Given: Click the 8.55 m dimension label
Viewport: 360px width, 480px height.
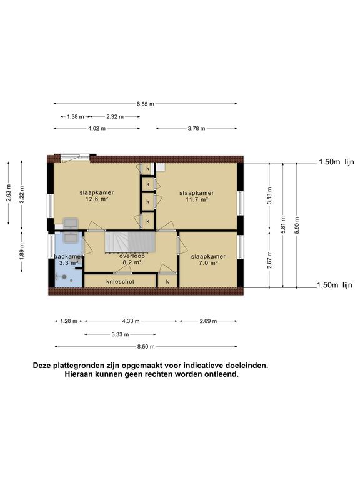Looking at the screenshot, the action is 146,104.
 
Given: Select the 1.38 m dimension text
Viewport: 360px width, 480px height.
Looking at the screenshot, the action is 75,117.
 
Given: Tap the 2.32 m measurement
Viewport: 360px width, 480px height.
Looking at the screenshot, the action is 115,117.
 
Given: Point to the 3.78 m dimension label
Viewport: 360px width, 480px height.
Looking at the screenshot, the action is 196,128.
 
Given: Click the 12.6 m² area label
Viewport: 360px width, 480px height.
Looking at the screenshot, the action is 97,199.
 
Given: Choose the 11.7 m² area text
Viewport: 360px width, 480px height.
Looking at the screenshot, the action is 197,199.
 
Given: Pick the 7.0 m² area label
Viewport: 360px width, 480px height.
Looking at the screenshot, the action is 208,263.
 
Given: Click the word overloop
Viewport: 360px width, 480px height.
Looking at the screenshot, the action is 132,256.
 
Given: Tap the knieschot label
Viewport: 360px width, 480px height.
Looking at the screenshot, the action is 120,282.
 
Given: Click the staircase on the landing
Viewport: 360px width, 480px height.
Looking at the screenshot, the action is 130,242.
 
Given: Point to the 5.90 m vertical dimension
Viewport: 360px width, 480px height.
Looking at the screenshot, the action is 297,225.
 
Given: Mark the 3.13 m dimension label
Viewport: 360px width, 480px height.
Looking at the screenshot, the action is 269,196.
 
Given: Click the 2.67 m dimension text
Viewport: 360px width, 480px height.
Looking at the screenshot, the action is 269,260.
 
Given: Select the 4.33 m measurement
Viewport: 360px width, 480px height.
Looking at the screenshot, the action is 131,321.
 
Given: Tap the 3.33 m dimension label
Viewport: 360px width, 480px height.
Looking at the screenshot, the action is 120,334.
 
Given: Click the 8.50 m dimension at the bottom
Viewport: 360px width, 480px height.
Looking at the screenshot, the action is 146,347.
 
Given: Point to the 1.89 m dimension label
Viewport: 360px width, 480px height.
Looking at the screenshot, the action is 22,252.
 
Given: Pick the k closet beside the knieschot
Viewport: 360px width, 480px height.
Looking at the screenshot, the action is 167,282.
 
